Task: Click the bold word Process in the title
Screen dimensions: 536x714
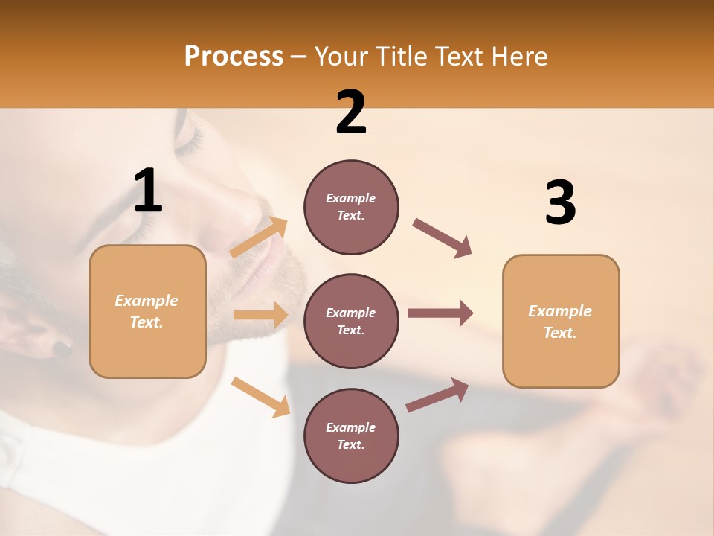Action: coord(234,56)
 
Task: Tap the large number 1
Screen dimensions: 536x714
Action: coord(148,191)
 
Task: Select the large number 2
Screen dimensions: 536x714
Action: coord(351,112)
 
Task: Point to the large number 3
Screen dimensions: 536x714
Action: coord(560,202)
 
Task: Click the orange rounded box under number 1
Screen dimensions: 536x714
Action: coord(147,311)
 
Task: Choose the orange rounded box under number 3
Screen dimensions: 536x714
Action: coord(561,321)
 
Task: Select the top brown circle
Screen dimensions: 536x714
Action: coord(351,207)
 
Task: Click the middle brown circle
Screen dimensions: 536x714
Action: coord(351,321)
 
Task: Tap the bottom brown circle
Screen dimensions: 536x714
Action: coord(351,435)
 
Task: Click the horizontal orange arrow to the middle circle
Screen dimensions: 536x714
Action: coord(260,315)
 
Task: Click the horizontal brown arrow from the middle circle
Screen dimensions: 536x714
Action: coord(440,313)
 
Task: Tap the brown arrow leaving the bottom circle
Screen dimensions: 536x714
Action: coord(437,395)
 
